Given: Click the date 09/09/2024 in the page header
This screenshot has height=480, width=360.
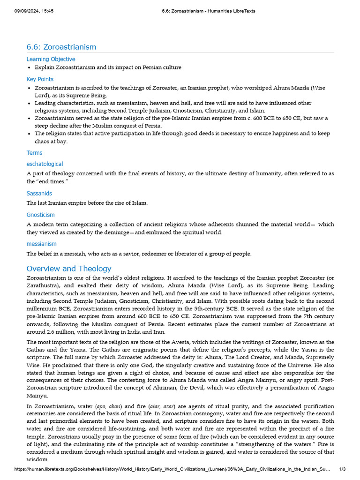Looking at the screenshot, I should [28, 11].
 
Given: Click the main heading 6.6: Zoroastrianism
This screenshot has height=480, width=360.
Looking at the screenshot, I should [61, 47].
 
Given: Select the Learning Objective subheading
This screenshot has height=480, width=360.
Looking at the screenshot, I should [51, 59].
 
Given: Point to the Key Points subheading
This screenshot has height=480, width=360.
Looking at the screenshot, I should [40, 79].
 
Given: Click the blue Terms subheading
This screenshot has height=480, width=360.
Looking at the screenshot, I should [34, 153].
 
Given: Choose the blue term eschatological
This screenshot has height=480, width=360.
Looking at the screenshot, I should [45, 164].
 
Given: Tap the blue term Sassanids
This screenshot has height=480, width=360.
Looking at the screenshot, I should [39, 193].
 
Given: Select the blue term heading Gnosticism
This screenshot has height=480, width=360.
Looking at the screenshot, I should [40, 215].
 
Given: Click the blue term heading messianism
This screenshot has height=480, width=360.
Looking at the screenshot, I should [41, 244].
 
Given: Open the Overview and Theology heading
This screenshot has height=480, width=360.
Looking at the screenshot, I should [69, 269].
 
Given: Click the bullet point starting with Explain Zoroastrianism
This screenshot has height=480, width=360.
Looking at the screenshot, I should [108, 67].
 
